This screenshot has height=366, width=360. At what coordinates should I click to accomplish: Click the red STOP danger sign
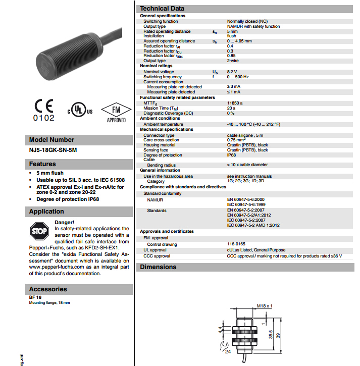pos(39,232)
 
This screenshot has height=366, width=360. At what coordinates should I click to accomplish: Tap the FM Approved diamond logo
pos(116,112)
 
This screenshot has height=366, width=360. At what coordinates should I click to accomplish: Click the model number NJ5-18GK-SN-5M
pos(53,150)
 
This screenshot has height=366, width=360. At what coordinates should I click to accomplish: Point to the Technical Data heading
pos(162,8)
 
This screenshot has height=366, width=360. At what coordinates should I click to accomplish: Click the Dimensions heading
pos(158,267)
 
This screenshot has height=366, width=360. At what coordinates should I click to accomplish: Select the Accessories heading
pos(48,289)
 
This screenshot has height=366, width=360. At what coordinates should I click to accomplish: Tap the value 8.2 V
pos(232,72)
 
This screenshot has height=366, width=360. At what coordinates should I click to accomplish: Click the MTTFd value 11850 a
pos(235,103)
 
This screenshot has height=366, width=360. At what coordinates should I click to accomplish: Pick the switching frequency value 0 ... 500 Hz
pos(238,77)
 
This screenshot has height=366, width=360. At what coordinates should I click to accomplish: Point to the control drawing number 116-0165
pos(236,244)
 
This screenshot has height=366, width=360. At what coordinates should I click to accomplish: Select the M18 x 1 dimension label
pos(264,306)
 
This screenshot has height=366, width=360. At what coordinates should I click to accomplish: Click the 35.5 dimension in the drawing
pos(271,335)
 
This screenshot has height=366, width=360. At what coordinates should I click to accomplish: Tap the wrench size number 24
pos(227,352)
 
